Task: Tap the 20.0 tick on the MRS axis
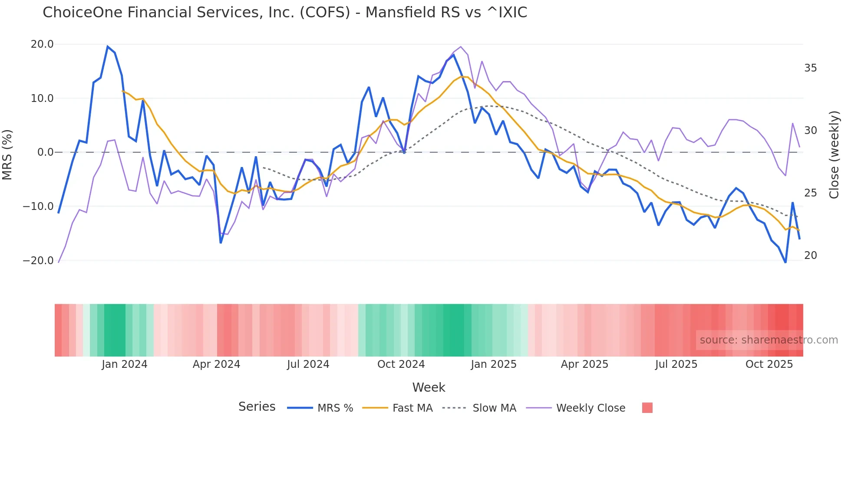42,44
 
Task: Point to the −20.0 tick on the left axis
38,261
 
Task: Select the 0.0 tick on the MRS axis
45,152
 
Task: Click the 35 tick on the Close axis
810,68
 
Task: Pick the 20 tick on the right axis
810,255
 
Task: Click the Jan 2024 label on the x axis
125,364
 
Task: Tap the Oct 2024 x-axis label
401,364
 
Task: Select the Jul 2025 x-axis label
676,364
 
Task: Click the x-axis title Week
429,387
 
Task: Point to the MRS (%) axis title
7,154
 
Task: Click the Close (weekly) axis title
834,154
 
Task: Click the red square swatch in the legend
647,408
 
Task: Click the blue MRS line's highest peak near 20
108,46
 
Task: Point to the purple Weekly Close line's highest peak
461,47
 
